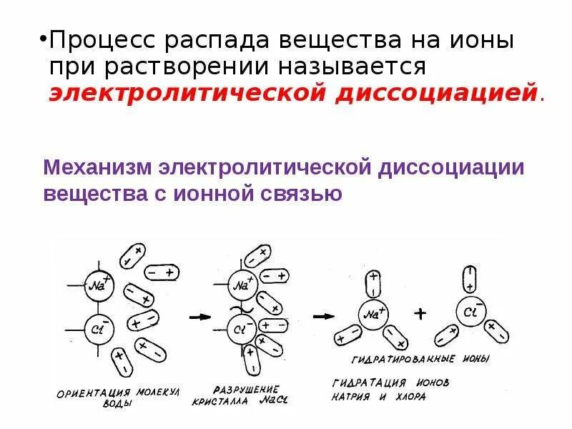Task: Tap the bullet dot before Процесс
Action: tap(43, 39)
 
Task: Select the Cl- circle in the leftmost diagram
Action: tap(96, 330)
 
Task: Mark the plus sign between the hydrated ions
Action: tap(421, 313)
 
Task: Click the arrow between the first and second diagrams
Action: tap(199, 316)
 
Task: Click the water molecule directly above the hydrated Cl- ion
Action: tap(470, 278)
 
